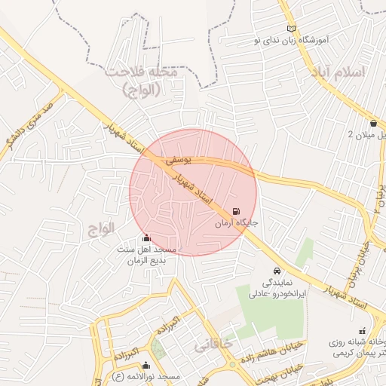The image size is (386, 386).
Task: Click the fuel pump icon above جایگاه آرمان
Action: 238,212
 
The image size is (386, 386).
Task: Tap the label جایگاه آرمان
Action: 237,224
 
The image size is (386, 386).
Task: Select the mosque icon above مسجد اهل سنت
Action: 146,238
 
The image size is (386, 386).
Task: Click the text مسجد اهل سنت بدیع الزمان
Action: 146,255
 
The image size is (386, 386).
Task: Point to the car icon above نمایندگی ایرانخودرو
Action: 277,270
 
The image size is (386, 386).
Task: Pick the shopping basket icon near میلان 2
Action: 374,123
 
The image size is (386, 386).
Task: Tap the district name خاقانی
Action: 213,345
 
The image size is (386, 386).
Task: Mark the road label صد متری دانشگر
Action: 27,123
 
